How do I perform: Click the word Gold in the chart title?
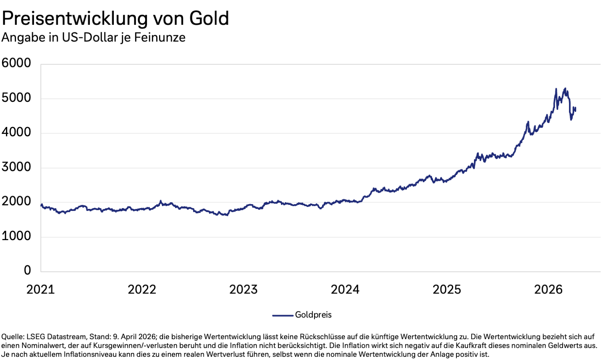click(209, 18)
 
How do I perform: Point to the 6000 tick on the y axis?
click(16, 63)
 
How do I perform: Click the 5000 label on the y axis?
click(16, 98)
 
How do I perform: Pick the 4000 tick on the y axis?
click(16, 132)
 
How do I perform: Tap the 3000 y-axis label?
click(16, 167)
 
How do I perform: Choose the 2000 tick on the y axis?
click(16, 201)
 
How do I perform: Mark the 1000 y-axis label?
click(16, 236)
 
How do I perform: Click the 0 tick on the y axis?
click(27, 270)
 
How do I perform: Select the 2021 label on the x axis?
click(40, 289)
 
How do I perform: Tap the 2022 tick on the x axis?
click(142, 289)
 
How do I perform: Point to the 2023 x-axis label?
click(243, 289)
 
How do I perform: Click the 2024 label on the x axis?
click(345, 289)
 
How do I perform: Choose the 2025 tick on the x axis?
click(447, 289)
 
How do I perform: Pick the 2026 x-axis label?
click(549, 289)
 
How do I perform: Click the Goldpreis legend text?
click(313, 315)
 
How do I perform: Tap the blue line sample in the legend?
click(283, 316)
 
